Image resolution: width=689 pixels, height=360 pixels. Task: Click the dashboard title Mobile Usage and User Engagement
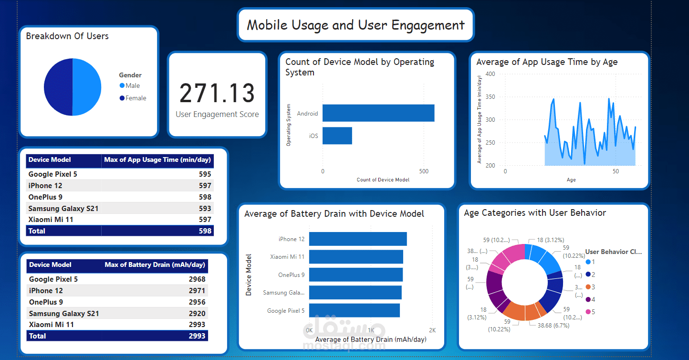pyautogui.click(x=355, y=25)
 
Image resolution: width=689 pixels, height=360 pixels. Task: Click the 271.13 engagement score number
pyautogui.click(x=217, y=93)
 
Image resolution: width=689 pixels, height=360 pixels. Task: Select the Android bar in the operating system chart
pyautogui.click(x=378, y=113)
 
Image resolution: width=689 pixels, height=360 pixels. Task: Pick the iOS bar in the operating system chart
pyautogui.click(x=337, y=136)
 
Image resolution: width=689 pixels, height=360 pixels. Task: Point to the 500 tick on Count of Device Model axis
pyautogui.click(x=424, y=171)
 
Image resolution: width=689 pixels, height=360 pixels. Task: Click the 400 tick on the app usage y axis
pyautogui.click(x=491, y=74)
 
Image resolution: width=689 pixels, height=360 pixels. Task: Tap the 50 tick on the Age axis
pyautogui.click(x=616, y=171)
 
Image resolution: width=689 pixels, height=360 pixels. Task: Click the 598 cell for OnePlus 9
pyautogui.click(x=205, y=197)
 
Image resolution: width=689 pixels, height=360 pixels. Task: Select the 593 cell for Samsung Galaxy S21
pyautogui.click(x=205, y=208)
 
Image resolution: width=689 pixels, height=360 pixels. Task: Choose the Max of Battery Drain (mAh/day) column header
pyautogui.click(x=155, y=265)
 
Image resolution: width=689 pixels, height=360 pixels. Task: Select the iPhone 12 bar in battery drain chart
pyautogui.click(x=357, y=239)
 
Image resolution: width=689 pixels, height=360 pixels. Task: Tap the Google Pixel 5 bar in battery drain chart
pyautogui.click(x=354, y=310)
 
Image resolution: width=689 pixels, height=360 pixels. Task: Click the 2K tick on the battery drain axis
pyautogui.click(x=432, y=330)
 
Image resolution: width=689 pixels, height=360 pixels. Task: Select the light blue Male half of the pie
pyautogui.click(x=87, y=87)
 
